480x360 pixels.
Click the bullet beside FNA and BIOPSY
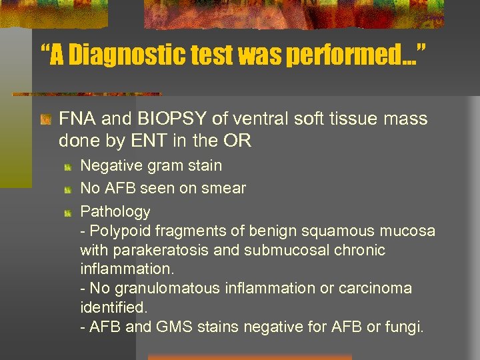click(45, 121)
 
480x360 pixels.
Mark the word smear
click(227, 189)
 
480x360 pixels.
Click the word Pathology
click(115, 212)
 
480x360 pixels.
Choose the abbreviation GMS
click(173, 327)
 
